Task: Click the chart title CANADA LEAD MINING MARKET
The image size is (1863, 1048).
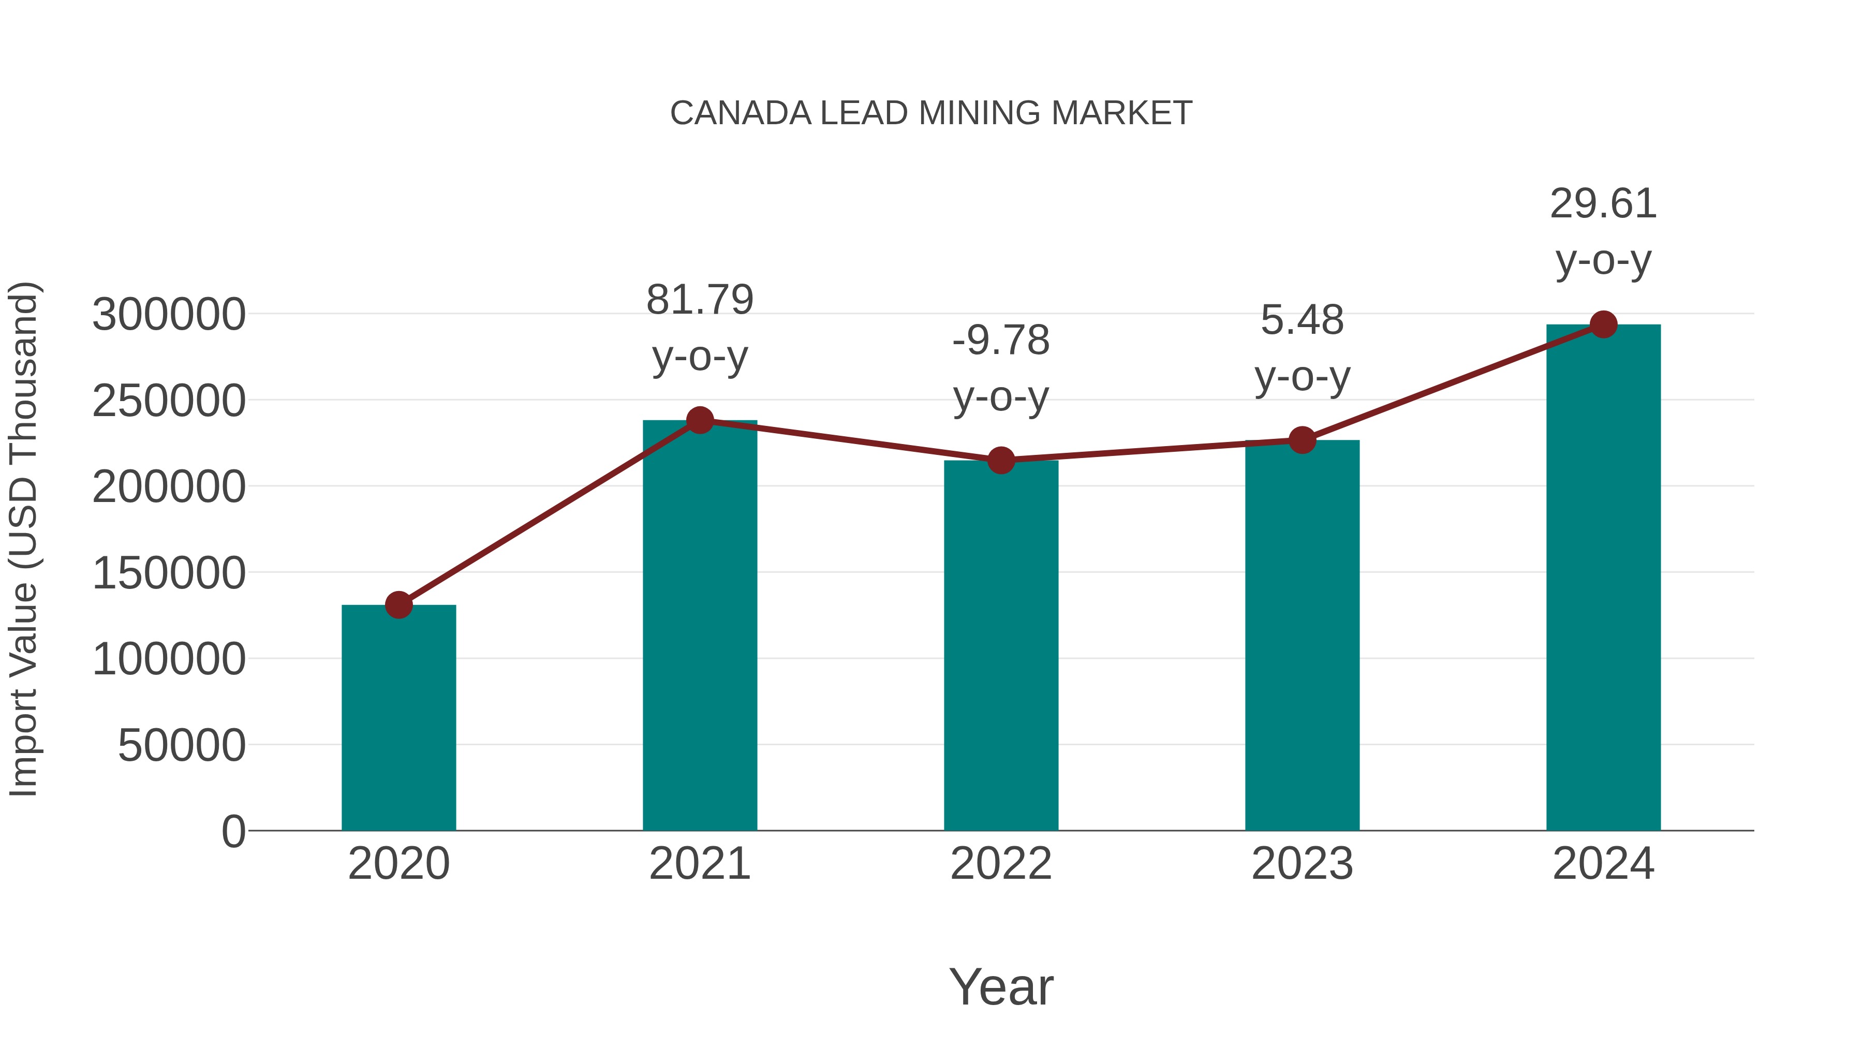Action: coord(931,113)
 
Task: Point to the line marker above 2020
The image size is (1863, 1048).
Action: coord(398,604)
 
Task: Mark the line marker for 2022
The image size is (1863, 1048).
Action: coord(1001,460)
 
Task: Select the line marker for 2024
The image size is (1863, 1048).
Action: coord(1603,324)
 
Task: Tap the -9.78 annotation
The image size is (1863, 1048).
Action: coord(1001,340)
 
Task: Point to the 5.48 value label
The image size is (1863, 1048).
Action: coord(1302,320)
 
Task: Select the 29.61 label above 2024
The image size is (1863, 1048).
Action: coord(1603,204)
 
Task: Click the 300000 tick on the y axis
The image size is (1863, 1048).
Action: coord(169,315)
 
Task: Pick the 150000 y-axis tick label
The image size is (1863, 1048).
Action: coord(169,573)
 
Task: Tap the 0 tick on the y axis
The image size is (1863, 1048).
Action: coord(233,831)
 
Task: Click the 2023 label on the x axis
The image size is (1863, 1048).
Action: coord(1302,864)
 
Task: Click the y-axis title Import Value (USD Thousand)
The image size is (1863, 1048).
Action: coord(23,539)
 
